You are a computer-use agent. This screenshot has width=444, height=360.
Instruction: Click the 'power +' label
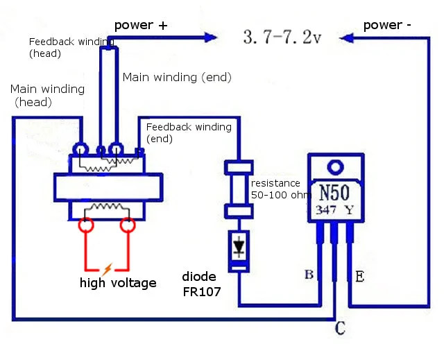tap(141, 25)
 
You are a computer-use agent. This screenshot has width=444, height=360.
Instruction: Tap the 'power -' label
tap(387, 25)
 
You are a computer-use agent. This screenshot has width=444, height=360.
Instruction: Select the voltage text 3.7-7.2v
tap(282, 37)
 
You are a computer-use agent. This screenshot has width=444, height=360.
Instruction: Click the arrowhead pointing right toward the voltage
tap(211, 37)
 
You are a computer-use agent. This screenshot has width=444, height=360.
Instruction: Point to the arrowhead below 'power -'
tap(346, 38)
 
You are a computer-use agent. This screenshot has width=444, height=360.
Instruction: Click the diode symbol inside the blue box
tap(239, 247)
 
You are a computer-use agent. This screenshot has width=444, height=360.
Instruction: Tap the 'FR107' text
tap(202, 292)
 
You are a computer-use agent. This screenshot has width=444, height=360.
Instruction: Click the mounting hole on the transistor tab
tap(336, 167)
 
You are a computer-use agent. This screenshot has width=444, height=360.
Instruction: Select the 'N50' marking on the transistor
tap(334, 192)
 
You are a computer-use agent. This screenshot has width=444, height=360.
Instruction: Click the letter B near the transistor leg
tap(309, 274)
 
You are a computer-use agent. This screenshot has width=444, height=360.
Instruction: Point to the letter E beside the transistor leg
tap(359, 277)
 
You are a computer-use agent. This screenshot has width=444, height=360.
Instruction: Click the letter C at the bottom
tap(340, 328)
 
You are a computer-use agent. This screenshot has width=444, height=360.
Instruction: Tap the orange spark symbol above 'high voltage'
tap(107, 269)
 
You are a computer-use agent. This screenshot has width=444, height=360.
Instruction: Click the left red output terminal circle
tap(86, 225)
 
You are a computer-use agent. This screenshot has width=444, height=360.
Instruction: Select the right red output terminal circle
tap(128, 225)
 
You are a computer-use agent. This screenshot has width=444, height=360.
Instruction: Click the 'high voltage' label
tap(118, 283)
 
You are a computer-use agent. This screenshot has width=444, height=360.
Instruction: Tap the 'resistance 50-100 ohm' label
tap(281, 189)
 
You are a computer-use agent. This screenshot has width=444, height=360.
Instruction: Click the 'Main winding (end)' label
tap(177, 77)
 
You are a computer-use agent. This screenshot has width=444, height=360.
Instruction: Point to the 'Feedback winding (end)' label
tap(189, 132)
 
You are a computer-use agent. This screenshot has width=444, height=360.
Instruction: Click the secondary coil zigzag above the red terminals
tap(106, 206)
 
